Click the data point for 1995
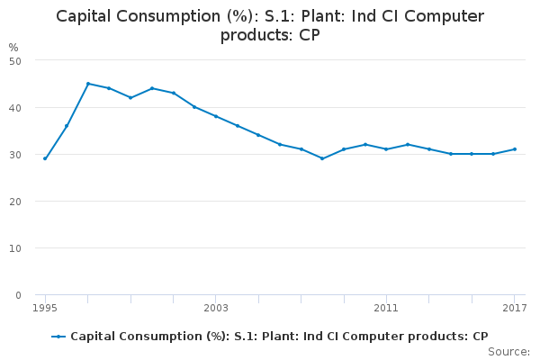(x=45, y=158)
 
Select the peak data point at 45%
(x=88, y=84)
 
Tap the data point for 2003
(x=216, y=116)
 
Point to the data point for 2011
(x=386, y=149)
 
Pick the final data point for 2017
(x=514, y=149)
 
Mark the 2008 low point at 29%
(x=322, y=158)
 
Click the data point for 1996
(x=67, y=126)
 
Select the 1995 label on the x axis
(x=45, y=309)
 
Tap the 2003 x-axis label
(x=216, y=309)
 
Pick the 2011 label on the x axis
(x=386, y=309)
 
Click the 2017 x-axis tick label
(x=514, y=309)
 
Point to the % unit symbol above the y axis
(x=13, y=47)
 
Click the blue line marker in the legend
(x=58, y=337)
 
